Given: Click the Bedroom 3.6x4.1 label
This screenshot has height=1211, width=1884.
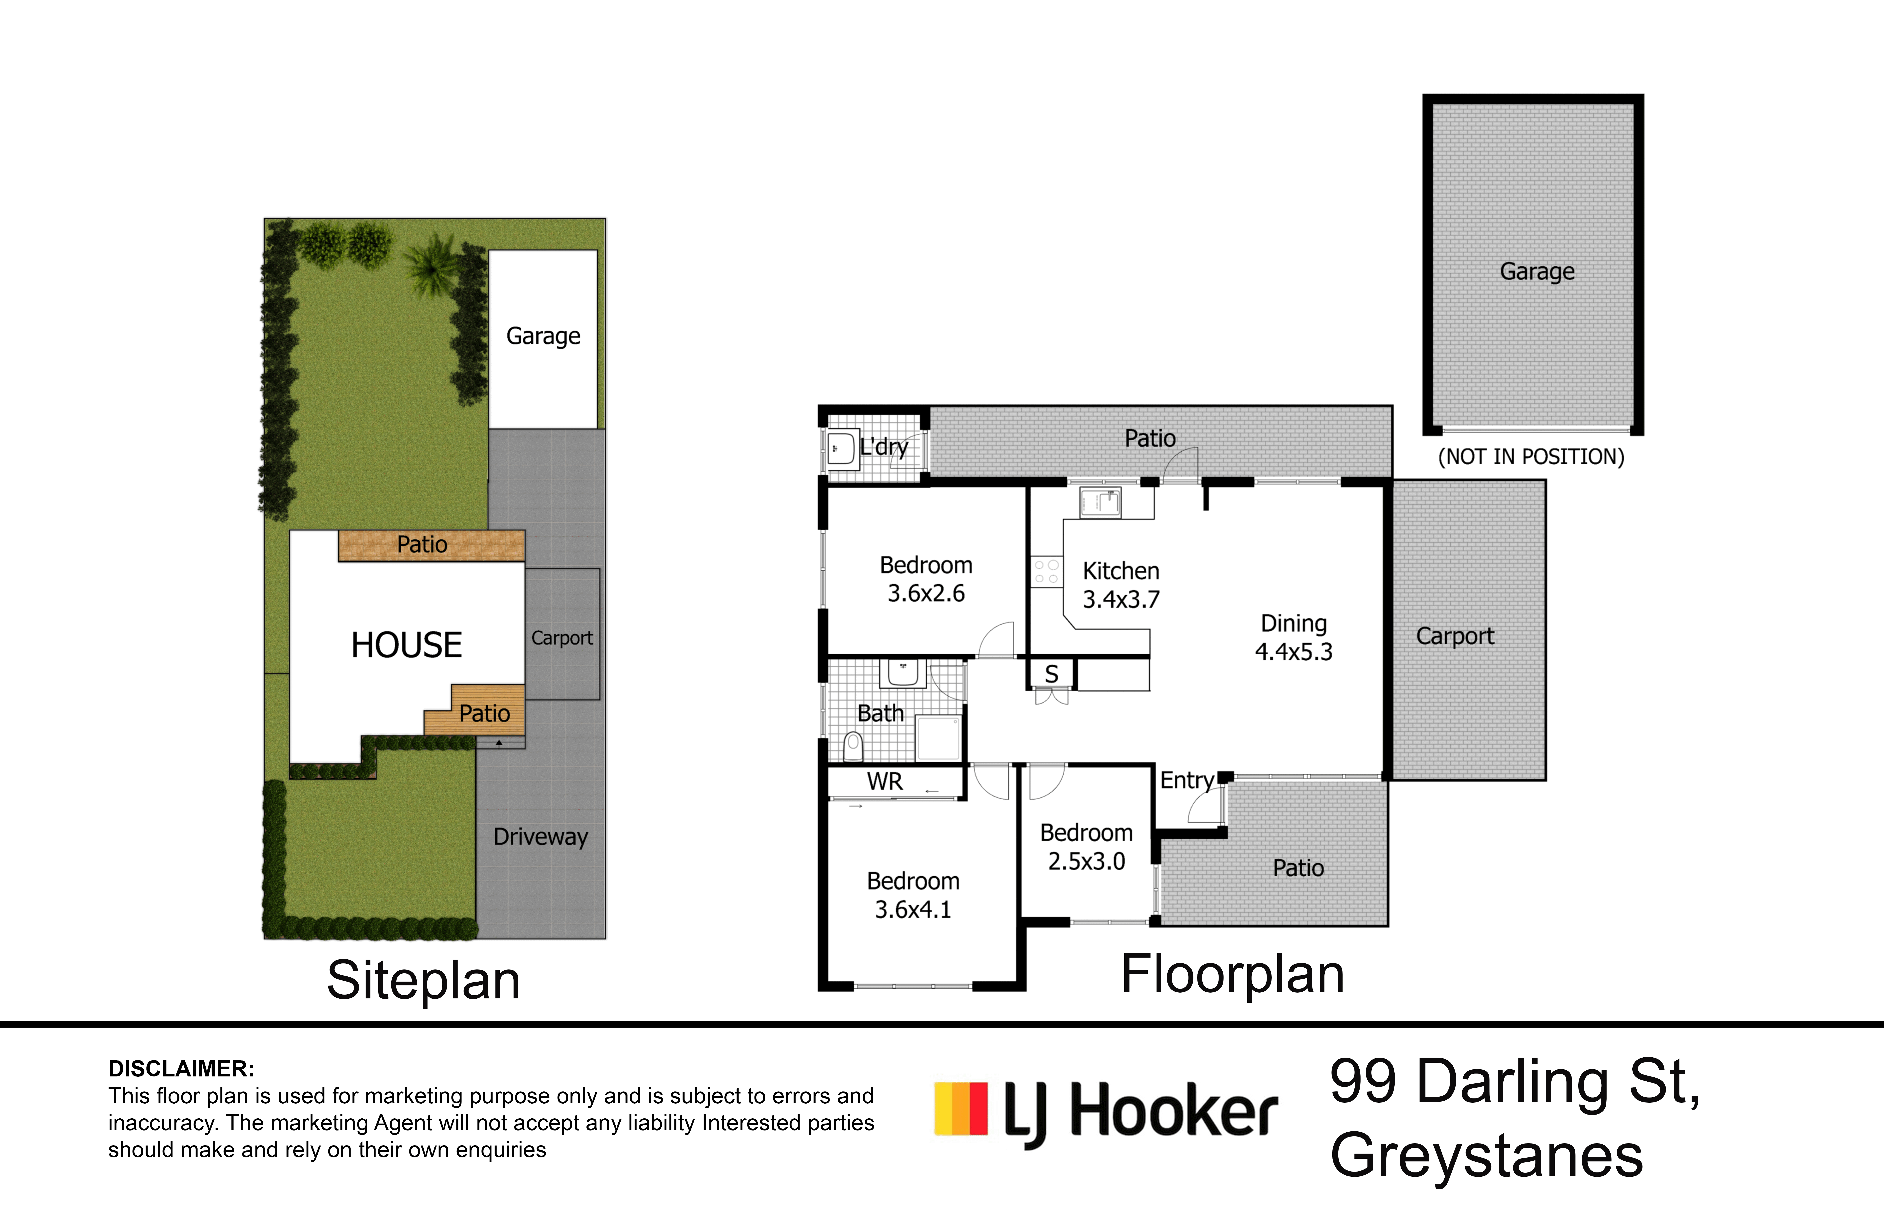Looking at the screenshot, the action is [x=913, y=895].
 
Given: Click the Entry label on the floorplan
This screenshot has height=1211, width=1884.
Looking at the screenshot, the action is [x=1186, y=780].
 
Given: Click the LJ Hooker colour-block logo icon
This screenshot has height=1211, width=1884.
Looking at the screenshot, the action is [x=961, y=1109].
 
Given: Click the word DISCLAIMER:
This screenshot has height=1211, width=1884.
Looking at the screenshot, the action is [x=181, y=1069].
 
